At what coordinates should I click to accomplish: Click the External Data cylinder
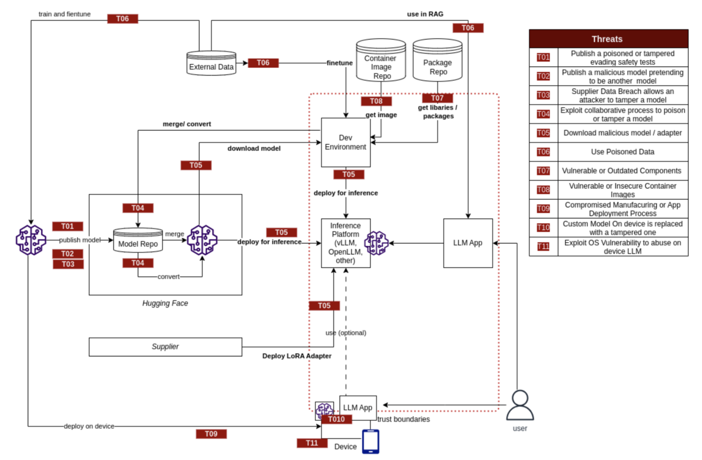click(x=211, y=63)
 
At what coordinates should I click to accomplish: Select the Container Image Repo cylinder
click(x=381, y=60)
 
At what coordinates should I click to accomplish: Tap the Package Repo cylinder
click(x=438, y=60)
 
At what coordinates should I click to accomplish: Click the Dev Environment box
click(x=346, y=143)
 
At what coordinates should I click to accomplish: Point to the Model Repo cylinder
click(x=138, y=240)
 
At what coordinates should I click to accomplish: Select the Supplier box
click(x=166, y=347)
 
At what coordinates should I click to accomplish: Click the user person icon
click(x=520, y=405)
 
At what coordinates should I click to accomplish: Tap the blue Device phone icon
click(x=370, y=441)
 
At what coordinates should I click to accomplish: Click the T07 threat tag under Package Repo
click(x=438, y=98)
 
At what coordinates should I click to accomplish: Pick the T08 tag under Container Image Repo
click(x=376, y=101)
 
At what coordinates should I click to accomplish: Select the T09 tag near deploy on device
click(x=211, y=434)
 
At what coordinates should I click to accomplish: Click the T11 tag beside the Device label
click(x=312, y=443)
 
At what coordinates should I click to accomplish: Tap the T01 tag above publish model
click(x=68, y=226)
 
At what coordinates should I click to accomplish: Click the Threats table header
click(x=608, y=39)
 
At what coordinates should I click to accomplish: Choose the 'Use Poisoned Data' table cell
click(x=622, y=152)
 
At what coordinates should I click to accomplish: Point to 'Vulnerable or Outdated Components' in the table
click(x=621, y=171)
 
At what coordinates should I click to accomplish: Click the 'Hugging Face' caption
click(x=165, y=303)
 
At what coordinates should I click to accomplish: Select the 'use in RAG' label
click(x=425, y=14)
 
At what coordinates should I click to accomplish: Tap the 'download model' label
click(x=254, y=148)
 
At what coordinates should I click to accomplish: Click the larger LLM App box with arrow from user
click(x=468, y=243)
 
